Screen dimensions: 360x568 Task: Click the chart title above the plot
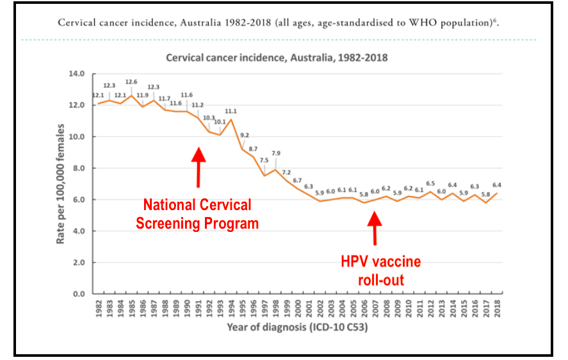coord(277,57)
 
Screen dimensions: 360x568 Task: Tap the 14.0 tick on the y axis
coord(76,74)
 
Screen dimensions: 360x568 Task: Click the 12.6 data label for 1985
coord(131,82)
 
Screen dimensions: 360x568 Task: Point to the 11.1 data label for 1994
coord(231,111)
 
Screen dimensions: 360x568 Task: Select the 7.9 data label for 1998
coord(275,153)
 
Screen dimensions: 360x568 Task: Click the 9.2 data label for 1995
coord(245,135)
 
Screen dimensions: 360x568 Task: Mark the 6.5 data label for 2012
coord(430,183)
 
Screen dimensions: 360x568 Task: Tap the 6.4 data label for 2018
coord(497,185)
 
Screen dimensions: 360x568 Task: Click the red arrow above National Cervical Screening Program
coord(199,167)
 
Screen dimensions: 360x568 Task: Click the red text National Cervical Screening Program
coord(197,215)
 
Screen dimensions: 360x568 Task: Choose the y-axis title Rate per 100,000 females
coord(61,184)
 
